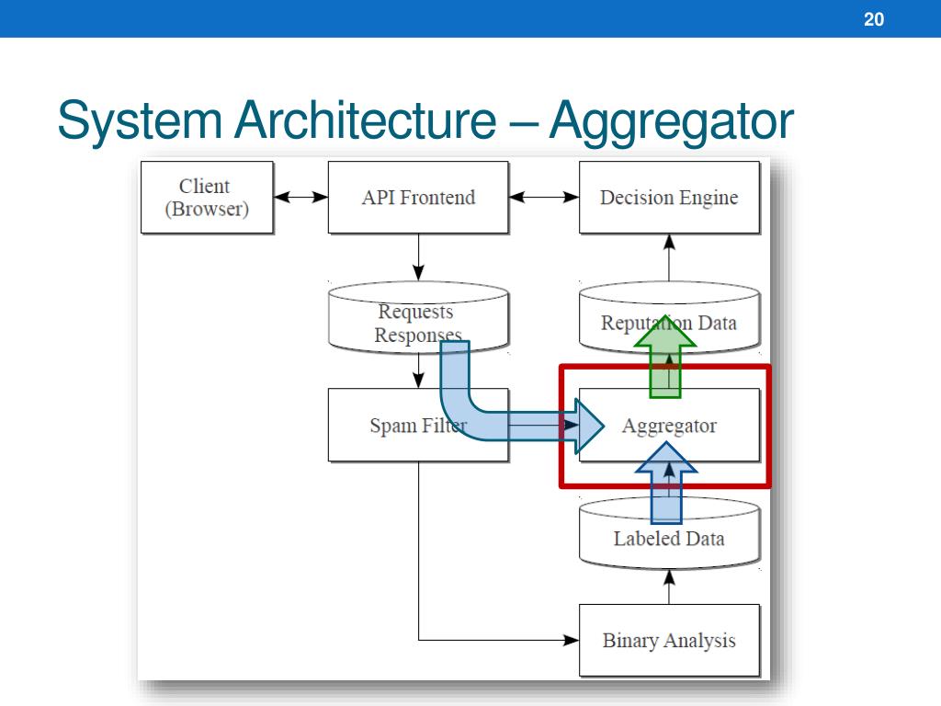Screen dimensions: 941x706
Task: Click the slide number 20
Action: (874, 19)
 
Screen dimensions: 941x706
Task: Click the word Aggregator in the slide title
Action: (671, 123)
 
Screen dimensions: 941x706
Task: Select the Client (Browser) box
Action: (207, 197)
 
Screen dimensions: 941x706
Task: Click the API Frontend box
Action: (418, 197)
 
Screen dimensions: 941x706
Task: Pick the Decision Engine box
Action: (669, 197)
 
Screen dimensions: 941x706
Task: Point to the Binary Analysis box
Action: (669, 640)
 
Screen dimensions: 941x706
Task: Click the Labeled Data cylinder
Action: (669, 533)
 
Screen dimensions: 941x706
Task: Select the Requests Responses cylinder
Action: (418, 317)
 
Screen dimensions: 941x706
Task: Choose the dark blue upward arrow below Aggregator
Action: (666, 482)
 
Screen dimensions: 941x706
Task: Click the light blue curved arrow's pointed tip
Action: (603, 426)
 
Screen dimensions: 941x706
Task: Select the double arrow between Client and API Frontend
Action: (300, 197)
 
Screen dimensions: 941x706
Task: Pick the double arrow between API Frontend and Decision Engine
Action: (544, 197)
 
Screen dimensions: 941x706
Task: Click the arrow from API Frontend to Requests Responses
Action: (418, 257)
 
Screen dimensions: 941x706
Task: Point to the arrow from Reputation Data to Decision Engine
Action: (669, 258)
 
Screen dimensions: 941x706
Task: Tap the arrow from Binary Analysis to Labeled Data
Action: (669, 586)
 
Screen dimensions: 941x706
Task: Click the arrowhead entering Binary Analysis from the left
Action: (572, 640)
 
